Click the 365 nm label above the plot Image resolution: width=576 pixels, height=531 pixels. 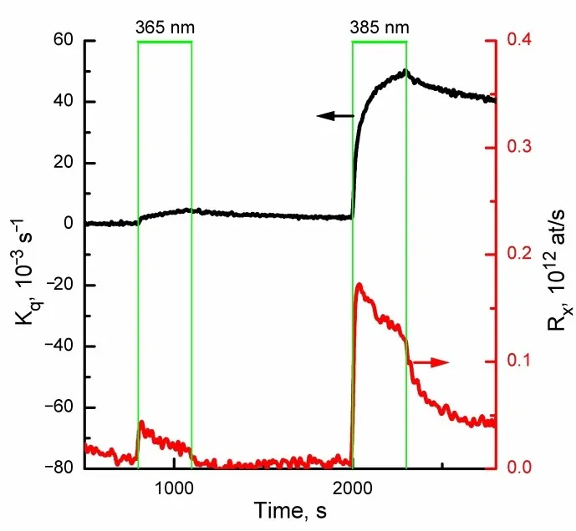click(x=165, y=26)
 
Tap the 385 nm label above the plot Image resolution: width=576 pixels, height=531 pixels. click(x=379, y=26)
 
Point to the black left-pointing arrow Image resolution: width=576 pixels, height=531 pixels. click(x=335, y=116)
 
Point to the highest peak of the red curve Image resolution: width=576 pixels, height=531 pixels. click(x=359, y=285)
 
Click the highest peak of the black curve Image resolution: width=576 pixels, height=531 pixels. click(x=405, y=71)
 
